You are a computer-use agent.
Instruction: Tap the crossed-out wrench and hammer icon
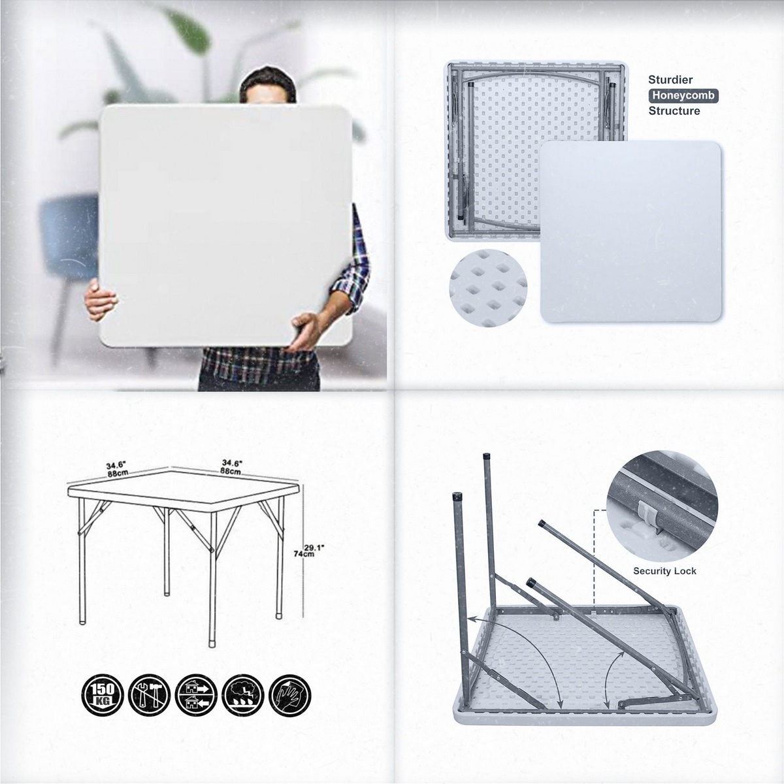pyautogui.click(x=150, y=695)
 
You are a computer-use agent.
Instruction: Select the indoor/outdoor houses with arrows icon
pyautogui.click(x=197, y=695)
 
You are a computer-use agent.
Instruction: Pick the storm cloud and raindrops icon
pyautogui.click(x=243, y=695)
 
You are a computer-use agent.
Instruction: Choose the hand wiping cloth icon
pyautogui.click(x=289, y=695)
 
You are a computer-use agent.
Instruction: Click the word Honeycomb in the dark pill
pyautogui.click(x=683, y=95)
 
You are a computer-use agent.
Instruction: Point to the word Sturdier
pyautogui.click(x=670, y=80)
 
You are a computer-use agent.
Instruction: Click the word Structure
pyautogui.click(x=674, y=111)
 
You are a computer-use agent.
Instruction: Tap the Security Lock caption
pyautogui.click(x=664, y=571)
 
